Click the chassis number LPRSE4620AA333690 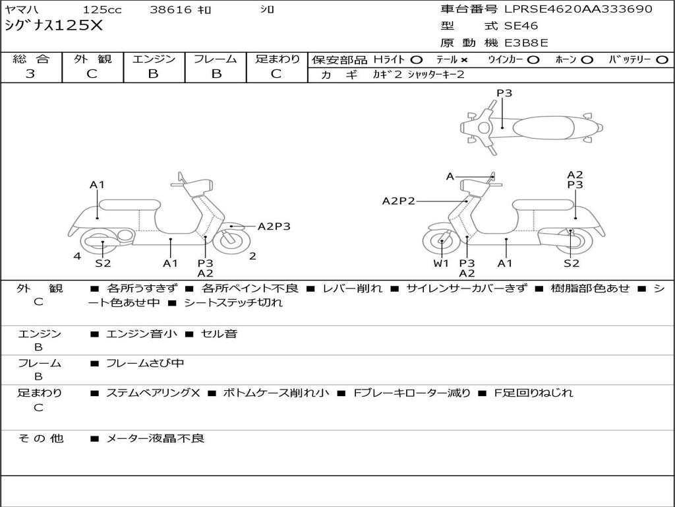coord(578,9)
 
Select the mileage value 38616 coord(171,10)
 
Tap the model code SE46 coord(521,26)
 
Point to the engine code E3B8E coord(527,44)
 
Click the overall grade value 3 coord(30,74)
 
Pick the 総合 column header coord(31,59)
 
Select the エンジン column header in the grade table coord(154,59)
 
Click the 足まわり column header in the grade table coord(277,59)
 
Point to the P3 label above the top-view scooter coord(504,93)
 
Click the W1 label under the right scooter coord(441,263)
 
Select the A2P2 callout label coord(399,201)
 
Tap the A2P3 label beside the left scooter coord(274,226)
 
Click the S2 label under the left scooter coord(103,263)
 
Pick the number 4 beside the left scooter coord(77,255)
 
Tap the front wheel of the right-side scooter coord(441,242)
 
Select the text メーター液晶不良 coord(156,438)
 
